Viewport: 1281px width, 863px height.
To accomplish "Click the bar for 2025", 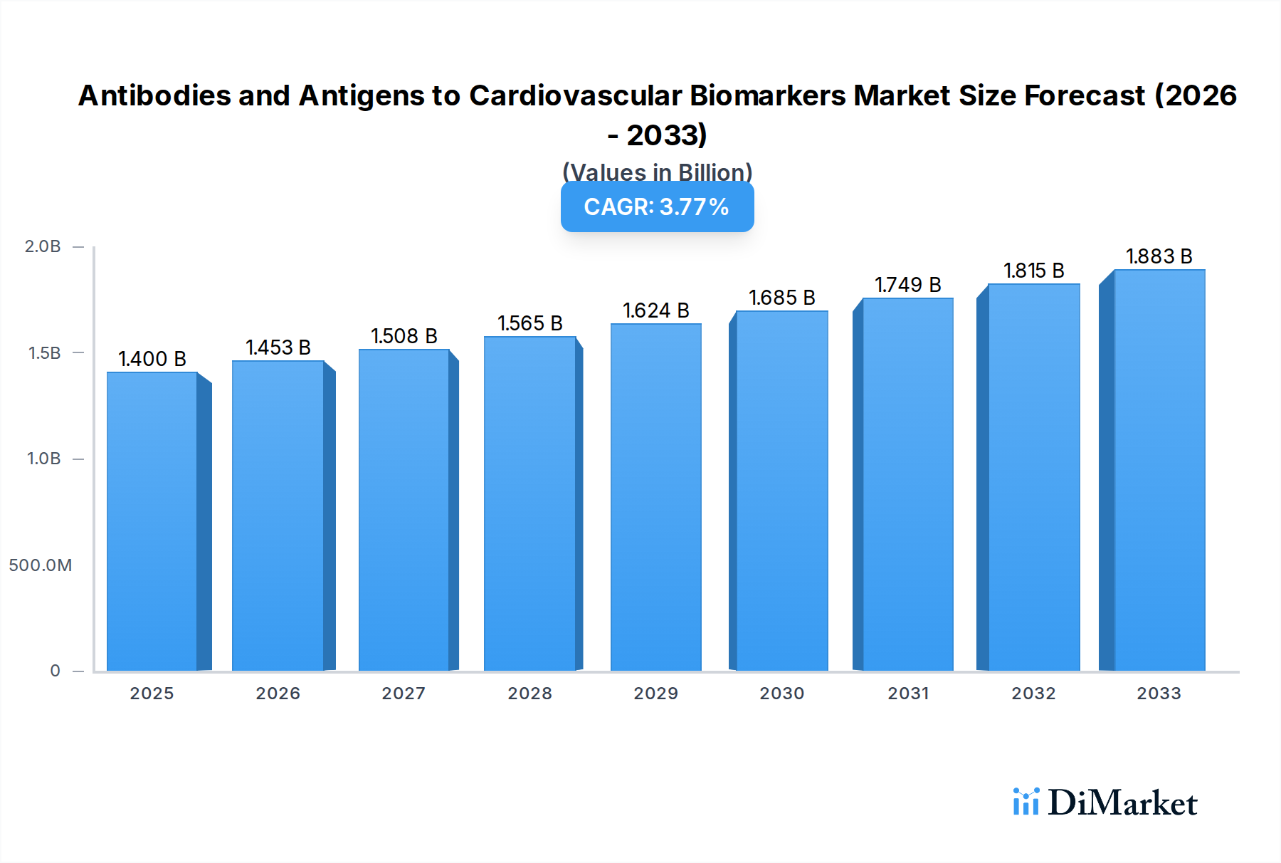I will (x=152, y=521).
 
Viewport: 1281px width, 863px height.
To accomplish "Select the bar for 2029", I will (x=655, y=497).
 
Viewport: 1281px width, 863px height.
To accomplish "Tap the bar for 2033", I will (x=1159, y=470).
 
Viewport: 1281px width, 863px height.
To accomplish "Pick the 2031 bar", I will (x=907, y=484).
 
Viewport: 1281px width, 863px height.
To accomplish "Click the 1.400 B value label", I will (x=152, y=359).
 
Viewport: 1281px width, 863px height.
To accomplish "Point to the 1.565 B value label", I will (x=530, y=323).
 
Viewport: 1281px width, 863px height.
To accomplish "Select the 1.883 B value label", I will (x=1159, y=256).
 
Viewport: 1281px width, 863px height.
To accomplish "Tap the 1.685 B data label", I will (x=782, y=298).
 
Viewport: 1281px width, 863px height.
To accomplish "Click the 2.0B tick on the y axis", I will (x=43, y=246).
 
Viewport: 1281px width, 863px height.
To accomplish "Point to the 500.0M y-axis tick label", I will (x=41, y=565).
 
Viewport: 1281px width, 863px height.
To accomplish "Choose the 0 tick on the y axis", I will (x=55, y=671).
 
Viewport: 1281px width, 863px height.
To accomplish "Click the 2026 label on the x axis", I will (x=278, y=694).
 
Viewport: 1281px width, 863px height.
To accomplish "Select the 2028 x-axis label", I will (x=530, y=694).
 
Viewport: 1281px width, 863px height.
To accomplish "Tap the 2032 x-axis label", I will (x=1034, y=694).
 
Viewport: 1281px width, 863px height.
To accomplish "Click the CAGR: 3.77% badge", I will (x=657, y=206).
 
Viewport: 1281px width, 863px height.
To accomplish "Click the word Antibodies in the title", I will (x=154, y=95).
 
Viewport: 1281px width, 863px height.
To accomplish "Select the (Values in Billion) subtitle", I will (x=657, y=172).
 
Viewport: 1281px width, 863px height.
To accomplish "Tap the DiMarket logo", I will (x=1105, y=802).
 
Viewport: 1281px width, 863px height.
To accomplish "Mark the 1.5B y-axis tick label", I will (x=44, y=353).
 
